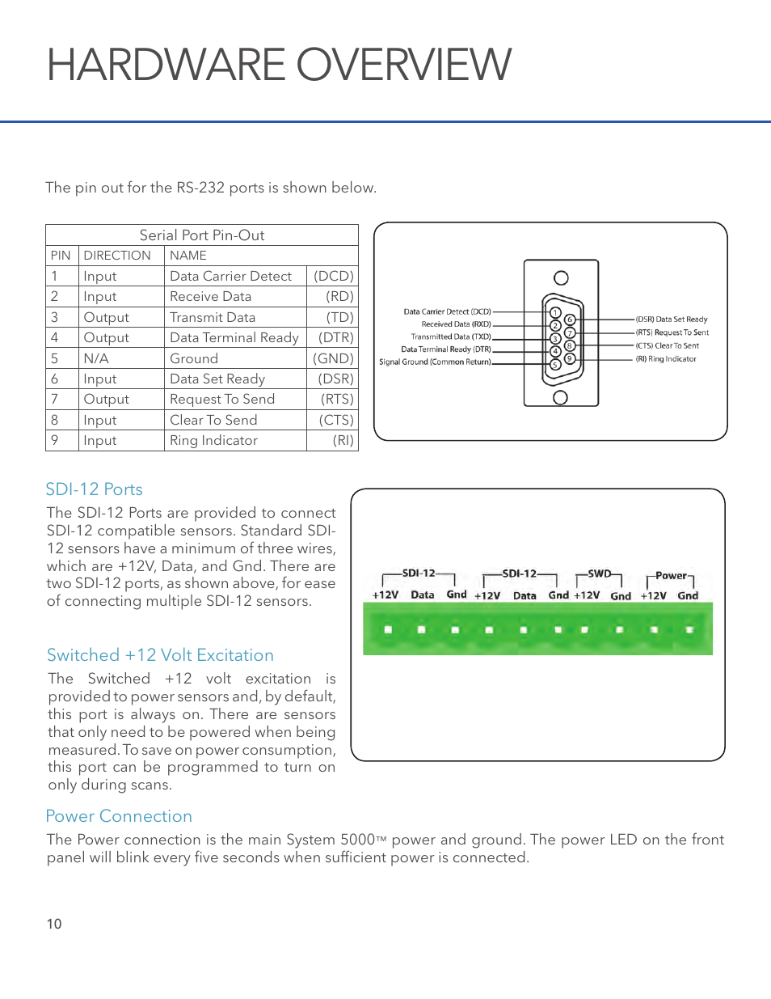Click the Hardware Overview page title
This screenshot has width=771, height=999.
point(279,65)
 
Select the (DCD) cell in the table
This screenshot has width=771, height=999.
point(333,276)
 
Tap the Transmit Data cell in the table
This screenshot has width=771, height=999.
point(213,317)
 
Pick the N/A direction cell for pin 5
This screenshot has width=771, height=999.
point(96,358)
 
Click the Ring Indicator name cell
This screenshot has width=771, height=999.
point(213,440)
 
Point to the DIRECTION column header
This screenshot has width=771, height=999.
point(117,256)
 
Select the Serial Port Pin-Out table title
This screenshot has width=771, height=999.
point(202,235)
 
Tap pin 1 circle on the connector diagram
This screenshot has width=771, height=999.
point(555,312)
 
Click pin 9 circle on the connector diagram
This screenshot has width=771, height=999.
point(570,358)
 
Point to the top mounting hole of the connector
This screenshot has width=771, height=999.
point(561,278)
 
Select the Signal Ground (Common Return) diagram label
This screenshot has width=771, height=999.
point(435,362)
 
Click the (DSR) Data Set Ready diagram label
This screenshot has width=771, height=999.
point(671,320)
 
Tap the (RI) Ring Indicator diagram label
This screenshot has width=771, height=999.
point(665,359)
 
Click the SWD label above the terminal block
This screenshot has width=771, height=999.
point(599,574)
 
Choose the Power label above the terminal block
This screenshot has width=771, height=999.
point(671,576)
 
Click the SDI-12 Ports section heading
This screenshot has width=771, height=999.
point(94,489)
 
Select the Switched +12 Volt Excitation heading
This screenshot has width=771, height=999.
point(160,655)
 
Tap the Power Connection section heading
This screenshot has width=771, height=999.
point(119,816)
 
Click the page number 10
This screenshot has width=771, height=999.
point(54,924)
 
